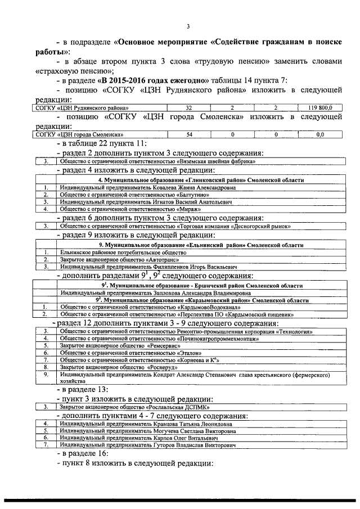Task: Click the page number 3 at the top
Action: [x=188, y=26]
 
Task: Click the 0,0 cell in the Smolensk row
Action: [x=320, y=135]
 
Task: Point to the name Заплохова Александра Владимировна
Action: [x=155, y=293]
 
